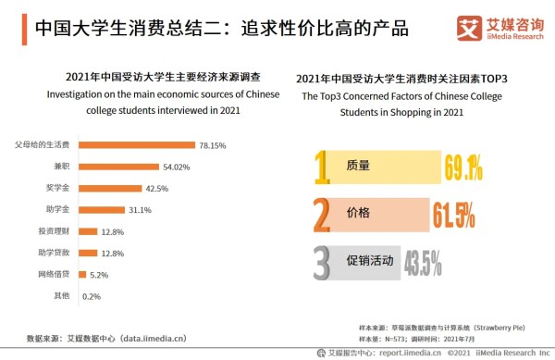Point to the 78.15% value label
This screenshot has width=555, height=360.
[x=212, y=145]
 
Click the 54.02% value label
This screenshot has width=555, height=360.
[x=177, y=167]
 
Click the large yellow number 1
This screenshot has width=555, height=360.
[x=322, y=168]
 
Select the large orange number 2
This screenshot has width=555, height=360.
[x=322, y=214]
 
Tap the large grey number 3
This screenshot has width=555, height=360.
[x=322, y=262]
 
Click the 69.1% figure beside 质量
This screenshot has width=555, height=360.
[x=463, y=168]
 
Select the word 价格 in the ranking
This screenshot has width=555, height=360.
[x=357, y=213]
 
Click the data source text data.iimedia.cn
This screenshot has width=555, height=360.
[x=146, y=337]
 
